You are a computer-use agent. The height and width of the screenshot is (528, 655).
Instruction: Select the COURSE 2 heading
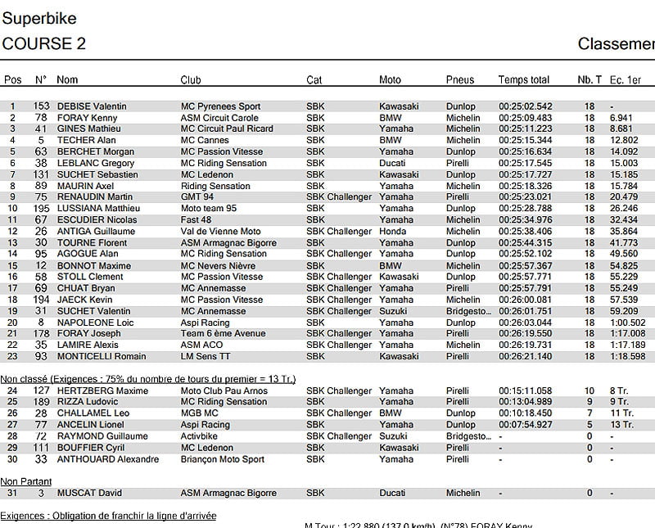click(44, 43)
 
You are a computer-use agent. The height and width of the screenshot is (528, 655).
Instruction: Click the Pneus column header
click(460, 80)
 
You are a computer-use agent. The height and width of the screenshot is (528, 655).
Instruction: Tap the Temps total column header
click(523, 80)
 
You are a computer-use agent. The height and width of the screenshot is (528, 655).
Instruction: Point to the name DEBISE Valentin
click(92, 106)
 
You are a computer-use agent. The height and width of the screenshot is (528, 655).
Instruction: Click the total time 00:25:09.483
click(525, 118)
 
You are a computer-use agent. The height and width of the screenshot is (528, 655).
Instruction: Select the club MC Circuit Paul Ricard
click(227, 129)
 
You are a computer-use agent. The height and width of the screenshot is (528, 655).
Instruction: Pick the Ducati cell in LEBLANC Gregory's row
click(393, 163)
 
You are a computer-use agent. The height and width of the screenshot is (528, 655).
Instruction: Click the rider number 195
click(41, 209)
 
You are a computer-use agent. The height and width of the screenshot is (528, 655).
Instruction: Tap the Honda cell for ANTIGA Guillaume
click(392, 232)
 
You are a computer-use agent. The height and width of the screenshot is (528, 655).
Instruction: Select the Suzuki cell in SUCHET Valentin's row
click(394, 311)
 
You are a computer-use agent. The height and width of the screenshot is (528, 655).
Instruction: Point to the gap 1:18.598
click(627, 357)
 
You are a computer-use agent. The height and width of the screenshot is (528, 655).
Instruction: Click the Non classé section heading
click(147, 379)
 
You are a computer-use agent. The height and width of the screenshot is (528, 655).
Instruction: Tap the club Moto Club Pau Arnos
click(223, 390)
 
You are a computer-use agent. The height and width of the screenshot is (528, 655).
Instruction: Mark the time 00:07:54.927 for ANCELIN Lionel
click(525, 425)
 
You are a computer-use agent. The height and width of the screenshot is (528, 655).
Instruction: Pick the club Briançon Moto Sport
click(222, 459)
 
